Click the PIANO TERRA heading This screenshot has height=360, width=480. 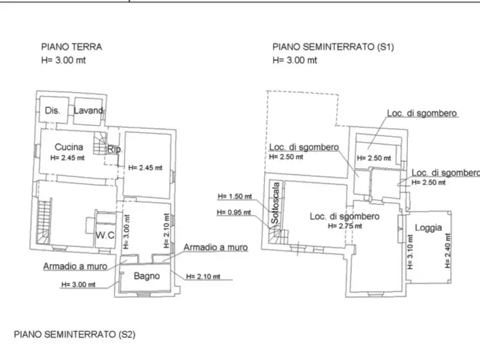[x=71, y=47]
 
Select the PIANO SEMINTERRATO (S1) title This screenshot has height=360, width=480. [x=333, y=47]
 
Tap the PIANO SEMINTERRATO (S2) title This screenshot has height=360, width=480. [x=74, y=334]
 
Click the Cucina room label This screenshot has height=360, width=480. [x=69, y=147]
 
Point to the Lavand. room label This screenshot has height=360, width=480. [x=89, y=110]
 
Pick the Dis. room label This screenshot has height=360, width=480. [x=52, y=110]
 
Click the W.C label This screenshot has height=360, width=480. [x=105, y=235]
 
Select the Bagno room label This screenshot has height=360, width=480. [x=147, y=276]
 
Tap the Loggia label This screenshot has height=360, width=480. [x=428, y=227]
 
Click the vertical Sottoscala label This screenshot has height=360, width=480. [x=275, y=203]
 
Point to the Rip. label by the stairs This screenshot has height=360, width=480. [x=115, y=149]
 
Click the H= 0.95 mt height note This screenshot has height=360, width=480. [x=234, y=212]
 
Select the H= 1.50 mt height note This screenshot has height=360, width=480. [x=235, y=196]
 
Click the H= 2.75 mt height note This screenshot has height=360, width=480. [x=345, y=226]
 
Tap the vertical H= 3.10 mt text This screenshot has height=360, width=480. [x=410, y=252]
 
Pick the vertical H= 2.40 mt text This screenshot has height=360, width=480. [x=448, y=251]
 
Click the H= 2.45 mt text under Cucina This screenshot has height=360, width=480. [x=67, y=158]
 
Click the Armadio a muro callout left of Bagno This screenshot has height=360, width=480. [x=76, y=266]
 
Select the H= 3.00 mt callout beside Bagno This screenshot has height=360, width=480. [x=79, y=284]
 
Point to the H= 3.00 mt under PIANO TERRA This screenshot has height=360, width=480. [x=64, y=60]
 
